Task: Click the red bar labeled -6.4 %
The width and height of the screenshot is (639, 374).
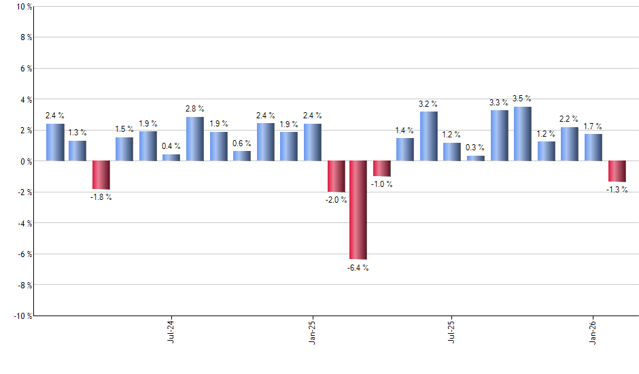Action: click(x=358, y=210)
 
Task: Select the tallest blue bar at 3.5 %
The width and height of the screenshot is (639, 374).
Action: click(x=523, y=134)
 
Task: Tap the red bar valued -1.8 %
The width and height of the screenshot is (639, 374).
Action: click(x=101, y=175)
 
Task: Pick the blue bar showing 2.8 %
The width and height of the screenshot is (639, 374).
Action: click(x=195, y=139)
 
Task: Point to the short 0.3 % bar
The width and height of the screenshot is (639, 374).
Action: click(x=476, y=158)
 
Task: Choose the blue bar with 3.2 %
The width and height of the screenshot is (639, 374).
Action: click(x=429, y=136)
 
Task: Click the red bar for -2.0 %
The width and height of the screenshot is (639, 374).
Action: click(x=336, y=176)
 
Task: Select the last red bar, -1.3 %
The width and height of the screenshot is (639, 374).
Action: click(x=617, y=171)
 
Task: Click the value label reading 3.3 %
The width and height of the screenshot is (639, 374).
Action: click(x=499, y=103)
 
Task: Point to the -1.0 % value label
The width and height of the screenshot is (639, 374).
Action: click(x=382, y=184)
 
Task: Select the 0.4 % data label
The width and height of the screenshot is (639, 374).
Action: click(x=171, y=147)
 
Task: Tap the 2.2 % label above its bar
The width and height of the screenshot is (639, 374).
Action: click(x=570, y=120)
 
